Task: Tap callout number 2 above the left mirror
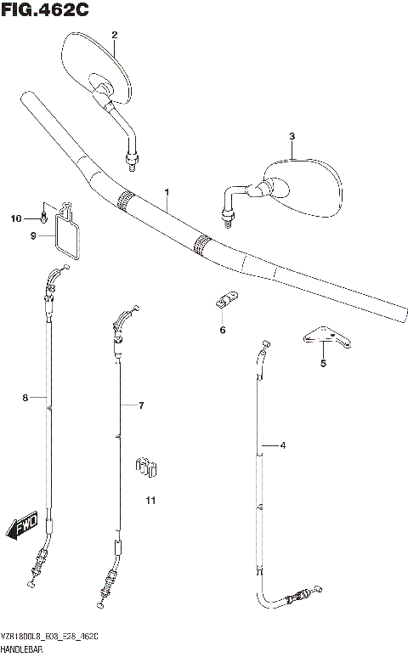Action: pos(115,34)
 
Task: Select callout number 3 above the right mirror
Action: pos(292,136)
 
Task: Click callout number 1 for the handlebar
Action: pos(167,193)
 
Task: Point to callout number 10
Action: pos(14,219)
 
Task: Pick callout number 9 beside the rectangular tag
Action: pos(34,236)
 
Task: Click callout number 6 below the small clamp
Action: pos(223,330)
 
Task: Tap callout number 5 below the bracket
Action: pos(323,364)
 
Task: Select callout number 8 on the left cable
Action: pos(25,398)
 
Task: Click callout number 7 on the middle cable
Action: pos(142,405)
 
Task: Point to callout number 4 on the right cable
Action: pos(283,445)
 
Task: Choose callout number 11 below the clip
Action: pos(150,501)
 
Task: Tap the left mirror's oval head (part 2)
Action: pos(99,63)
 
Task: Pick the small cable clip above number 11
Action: pos(147,466)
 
